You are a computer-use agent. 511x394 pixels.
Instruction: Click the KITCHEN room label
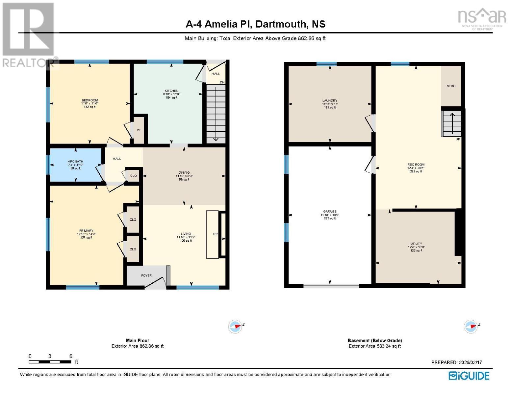(171, 91)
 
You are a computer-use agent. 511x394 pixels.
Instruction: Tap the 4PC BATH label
(76, 162)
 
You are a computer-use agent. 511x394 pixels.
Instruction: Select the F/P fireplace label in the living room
(215, 234)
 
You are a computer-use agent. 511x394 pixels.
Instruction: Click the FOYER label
(146, 275)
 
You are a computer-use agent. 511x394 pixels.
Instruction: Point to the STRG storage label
(451, 86)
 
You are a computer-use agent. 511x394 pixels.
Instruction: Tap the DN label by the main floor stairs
(222, 82)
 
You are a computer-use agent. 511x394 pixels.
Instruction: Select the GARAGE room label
(330, 212)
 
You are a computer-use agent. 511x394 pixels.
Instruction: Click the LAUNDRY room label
(330, 101)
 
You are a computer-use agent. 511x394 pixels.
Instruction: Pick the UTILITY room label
(416, 244)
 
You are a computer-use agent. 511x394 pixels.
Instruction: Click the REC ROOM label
(416, 164)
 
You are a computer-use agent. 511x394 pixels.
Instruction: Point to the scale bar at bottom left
(50, 362)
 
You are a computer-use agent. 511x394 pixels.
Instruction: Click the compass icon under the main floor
(235, 326)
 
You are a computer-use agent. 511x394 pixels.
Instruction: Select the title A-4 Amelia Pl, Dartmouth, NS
(255, 24)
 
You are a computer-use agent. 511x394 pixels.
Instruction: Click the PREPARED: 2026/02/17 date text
(456, 362)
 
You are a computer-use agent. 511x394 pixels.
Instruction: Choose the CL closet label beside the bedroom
(139, 130)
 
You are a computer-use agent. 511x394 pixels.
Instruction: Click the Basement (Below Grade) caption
(375, 340)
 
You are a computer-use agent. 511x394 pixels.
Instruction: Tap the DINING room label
(184, 172)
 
